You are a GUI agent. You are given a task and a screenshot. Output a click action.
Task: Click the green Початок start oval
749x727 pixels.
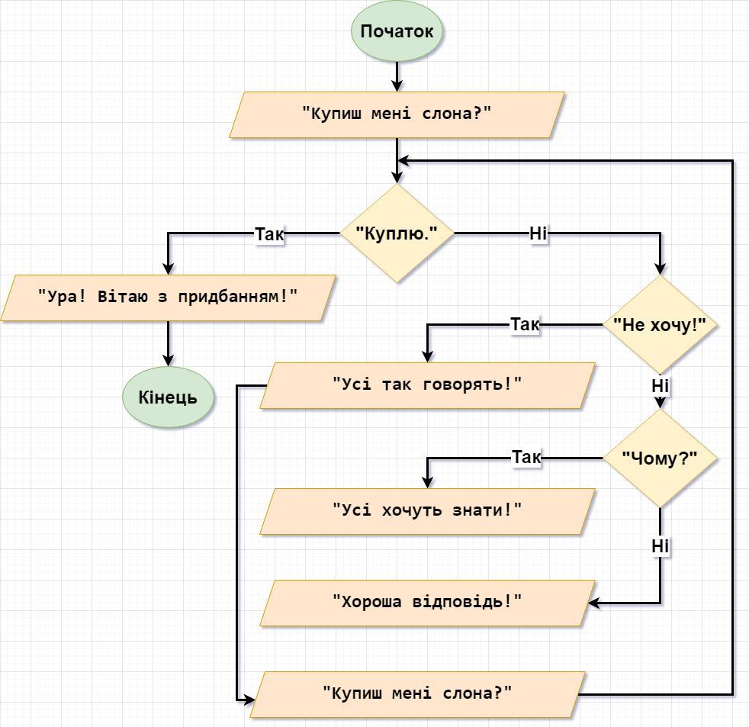coord(397,31)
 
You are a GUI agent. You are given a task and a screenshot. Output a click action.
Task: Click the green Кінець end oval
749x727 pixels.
coord(168,397)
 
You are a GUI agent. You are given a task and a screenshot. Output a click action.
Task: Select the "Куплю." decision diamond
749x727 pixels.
coord(397,233)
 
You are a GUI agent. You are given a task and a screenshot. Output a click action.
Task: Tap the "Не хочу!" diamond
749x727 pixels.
coord(661,325)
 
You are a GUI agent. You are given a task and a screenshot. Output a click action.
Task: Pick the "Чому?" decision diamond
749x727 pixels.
coord(661,458)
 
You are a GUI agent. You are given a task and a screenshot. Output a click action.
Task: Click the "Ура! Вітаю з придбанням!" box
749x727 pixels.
coord(168,298)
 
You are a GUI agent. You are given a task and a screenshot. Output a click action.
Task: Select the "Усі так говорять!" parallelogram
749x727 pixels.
coord(428,385)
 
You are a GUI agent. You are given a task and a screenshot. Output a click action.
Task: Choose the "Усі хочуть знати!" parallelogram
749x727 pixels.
coord(428,511)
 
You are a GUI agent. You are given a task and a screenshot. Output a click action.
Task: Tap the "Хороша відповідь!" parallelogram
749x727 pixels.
coord(428,603)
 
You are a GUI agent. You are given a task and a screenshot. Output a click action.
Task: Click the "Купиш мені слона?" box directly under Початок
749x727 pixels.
coord(397,115)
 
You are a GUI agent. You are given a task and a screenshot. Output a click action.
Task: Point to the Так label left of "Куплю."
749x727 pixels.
coord(269,234)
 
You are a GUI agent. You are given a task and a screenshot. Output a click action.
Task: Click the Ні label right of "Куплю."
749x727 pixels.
coord(538,233)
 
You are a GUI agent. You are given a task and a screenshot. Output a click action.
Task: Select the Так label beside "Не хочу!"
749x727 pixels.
coord(525,324)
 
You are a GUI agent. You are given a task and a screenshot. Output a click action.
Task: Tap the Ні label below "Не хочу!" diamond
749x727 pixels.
coord(661,385)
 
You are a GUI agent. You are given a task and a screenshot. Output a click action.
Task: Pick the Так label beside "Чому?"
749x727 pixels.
coord(526,457)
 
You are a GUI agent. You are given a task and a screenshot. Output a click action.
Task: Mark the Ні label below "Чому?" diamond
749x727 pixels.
coord(661,546)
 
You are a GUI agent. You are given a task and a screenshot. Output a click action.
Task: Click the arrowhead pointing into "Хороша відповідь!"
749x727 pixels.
coord(593,603)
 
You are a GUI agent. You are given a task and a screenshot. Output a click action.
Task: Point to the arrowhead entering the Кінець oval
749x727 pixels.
coord(168,360)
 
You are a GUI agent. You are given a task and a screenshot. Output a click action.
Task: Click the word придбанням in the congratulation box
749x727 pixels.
coord(234,297)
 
